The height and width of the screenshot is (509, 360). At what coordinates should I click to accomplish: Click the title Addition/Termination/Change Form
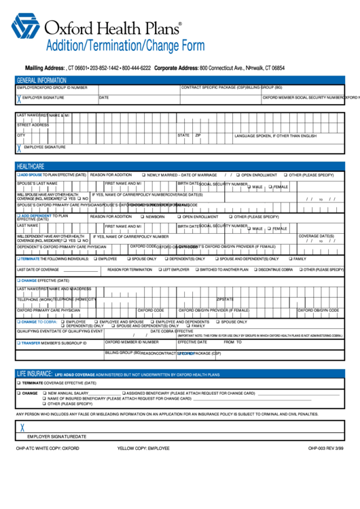click(x=124, y=46)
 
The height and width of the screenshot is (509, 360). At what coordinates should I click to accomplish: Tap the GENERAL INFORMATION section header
click(x=41, y=80)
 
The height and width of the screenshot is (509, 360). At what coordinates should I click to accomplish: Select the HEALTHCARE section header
click(x=31, y=166)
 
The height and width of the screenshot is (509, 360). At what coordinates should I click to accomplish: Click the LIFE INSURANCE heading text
click(x=35, y=374)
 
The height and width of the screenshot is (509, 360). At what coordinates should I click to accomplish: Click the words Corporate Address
click(x=176, y=69)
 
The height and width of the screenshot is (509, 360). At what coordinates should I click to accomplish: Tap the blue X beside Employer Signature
click(x=19, y=99)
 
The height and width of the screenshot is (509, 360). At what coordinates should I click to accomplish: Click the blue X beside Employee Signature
click(x=19, y=147)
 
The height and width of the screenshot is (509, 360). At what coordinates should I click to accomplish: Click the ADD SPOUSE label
click(x=31, y=175)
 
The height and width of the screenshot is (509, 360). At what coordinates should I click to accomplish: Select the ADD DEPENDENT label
click(x=36, y=216)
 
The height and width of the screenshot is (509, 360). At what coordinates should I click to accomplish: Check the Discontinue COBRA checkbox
click(x=255, y=270)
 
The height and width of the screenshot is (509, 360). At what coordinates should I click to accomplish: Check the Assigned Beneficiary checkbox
click(x=124, y=393)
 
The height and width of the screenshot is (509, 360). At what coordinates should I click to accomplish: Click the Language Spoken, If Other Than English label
click(x=275, y=136)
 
